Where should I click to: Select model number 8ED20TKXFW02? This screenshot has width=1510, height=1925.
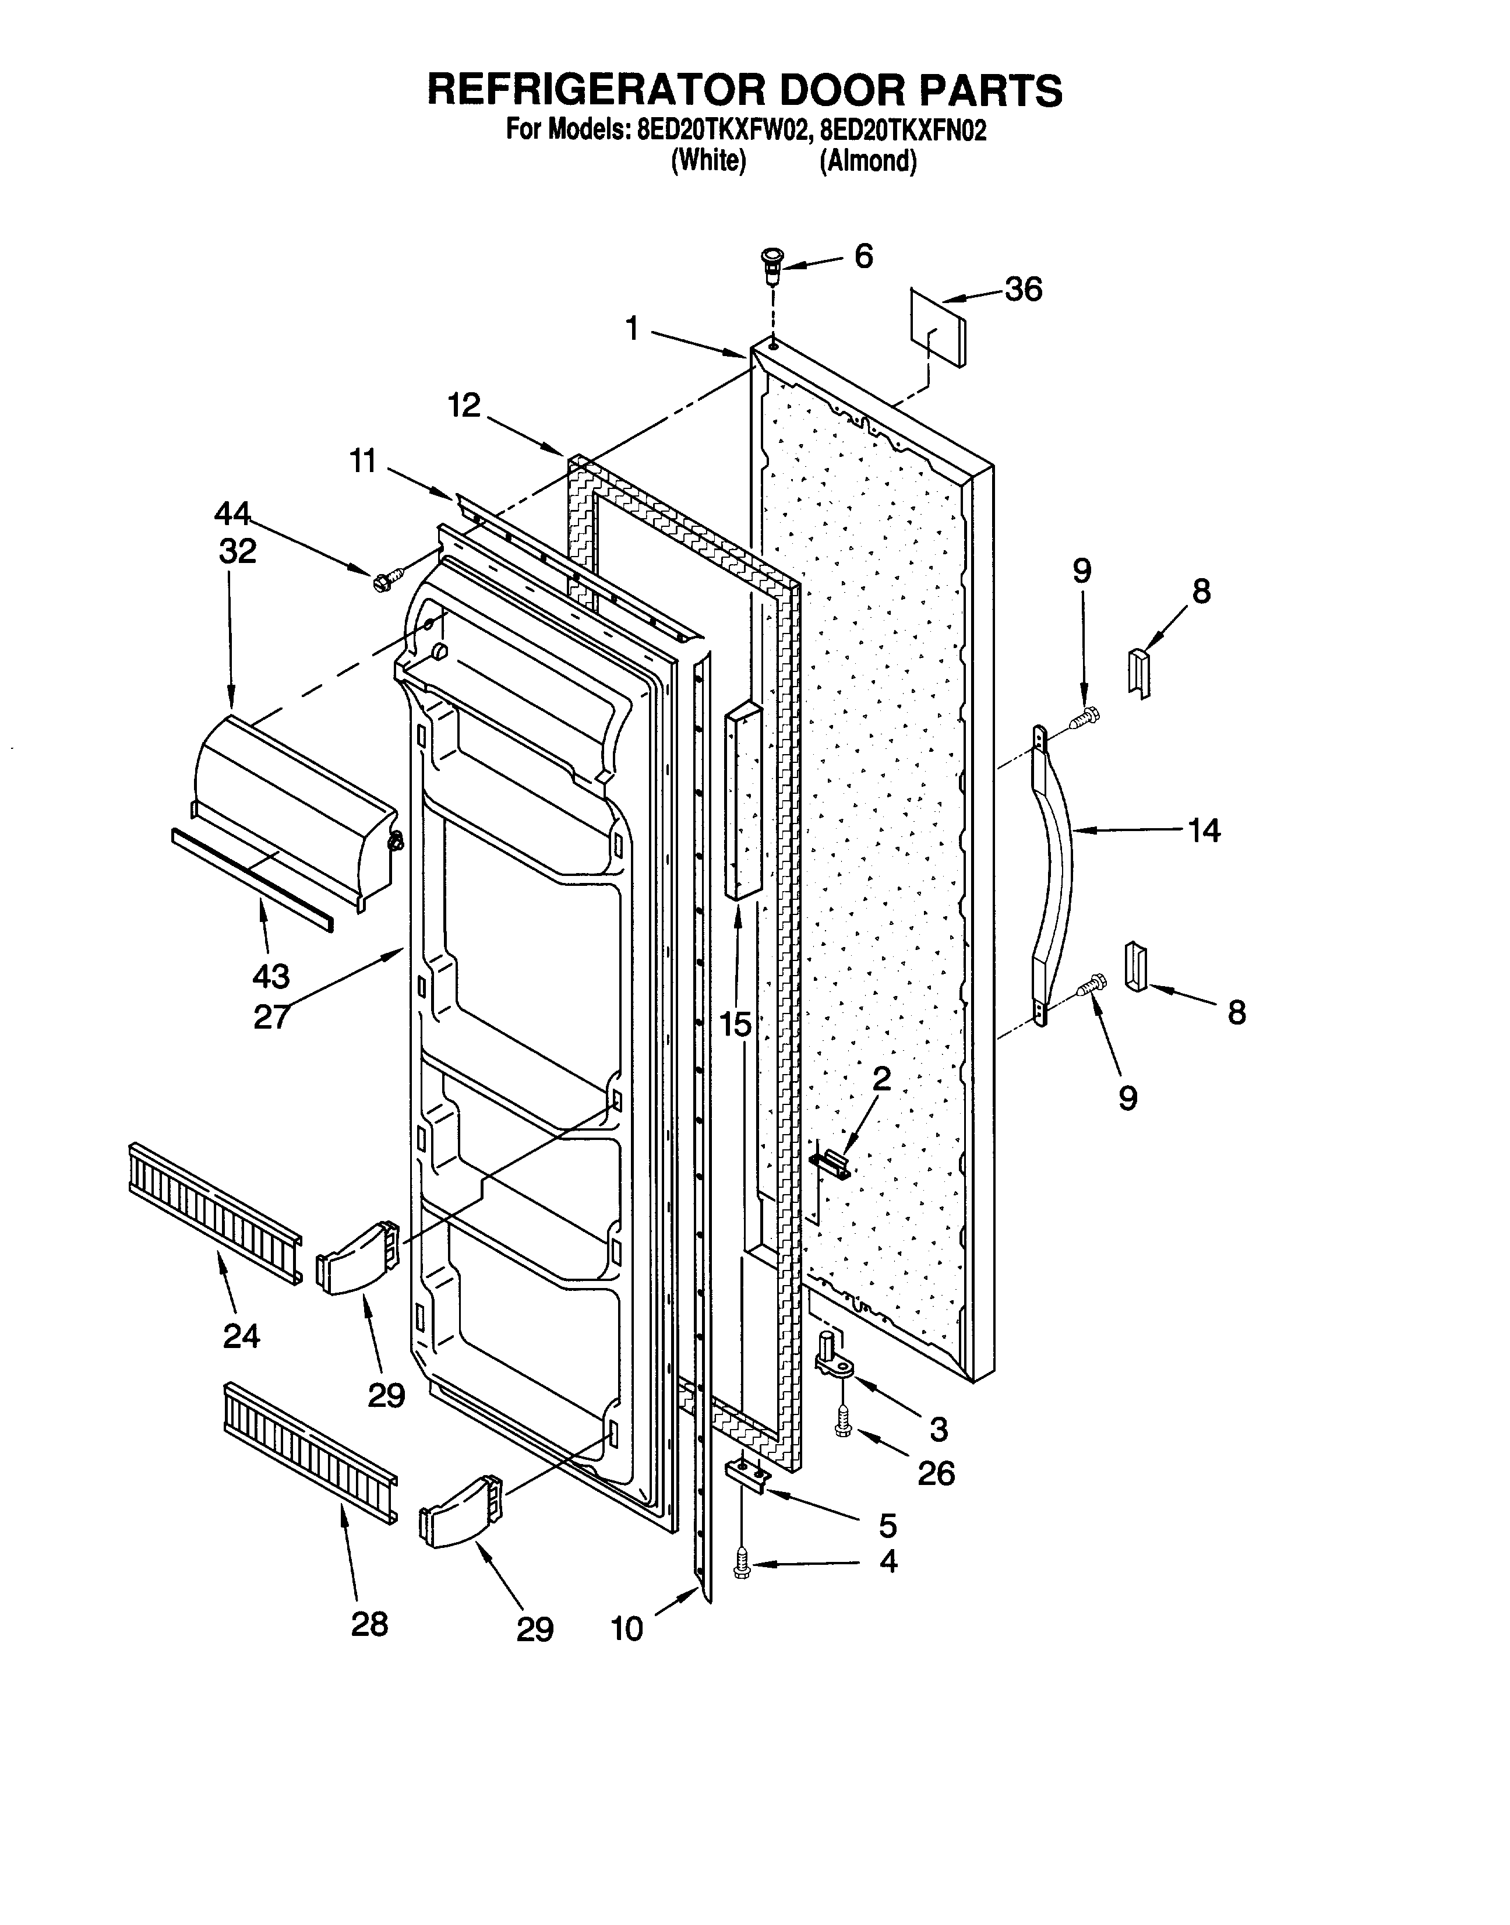click(x=722, y=131)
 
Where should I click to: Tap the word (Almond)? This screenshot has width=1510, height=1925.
click(x=867, y=162)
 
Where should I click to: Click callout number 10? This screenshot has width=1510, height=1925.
click(x=627, y=1629)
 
